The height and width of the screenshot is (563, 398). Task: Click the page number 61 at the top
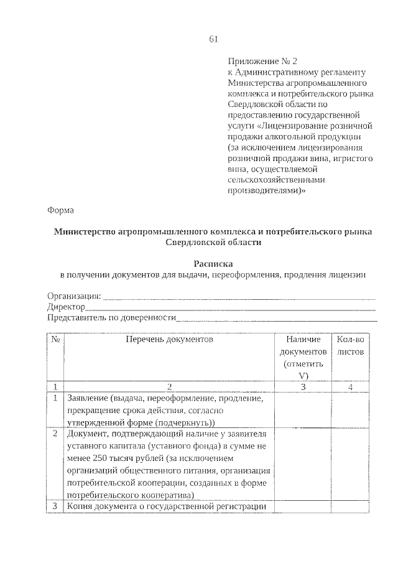coord(213,39)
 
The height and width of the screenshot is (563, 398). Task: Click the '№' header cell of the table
coord(55,340)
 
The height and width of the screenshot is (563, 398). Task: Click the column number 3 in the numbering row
coord(303,387)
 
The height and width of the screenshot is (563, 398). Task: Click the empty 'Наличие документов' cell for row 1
coord(303,410)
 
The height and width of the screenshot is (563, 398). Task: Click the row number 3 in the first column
coord(55,507)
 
